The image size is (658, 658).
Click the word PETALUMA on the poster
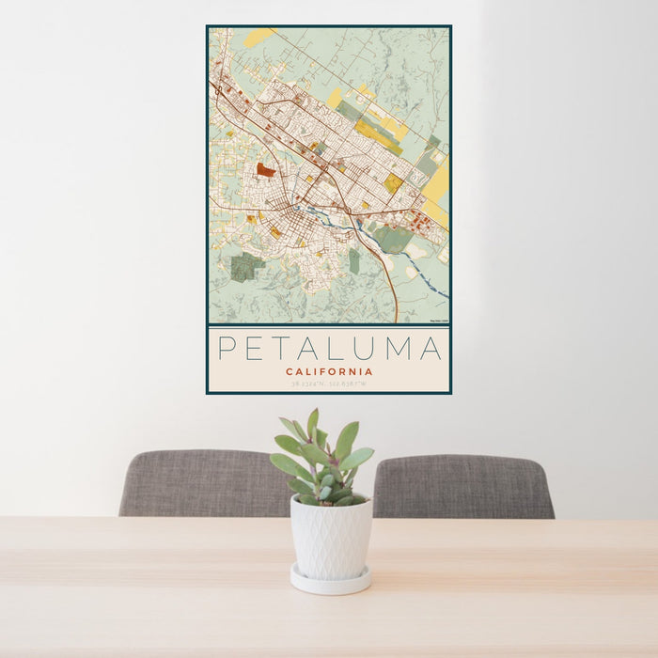click(x=329, y=349)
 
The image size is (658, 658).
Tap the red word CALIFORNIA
click(x=329, y=371)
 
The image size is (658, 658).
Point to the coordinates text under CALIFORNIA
click(x=329, y=384)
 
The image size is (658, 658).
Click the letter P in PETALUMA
click(x=227, y=349)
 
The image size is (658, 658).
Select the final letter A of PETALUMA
click(x=431, y=349)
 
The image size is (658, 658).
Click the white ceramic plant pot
click(x=330, y=537)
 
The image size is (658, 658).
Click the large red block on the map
click(x=266, y=171)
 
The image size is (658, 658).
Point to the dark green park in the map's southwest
click(x=246, y=267)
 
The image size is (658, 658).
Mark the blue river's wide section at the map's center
click(x=324, y=212)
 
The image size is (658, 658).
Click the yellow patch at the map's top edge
click(x=258, y=38)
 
